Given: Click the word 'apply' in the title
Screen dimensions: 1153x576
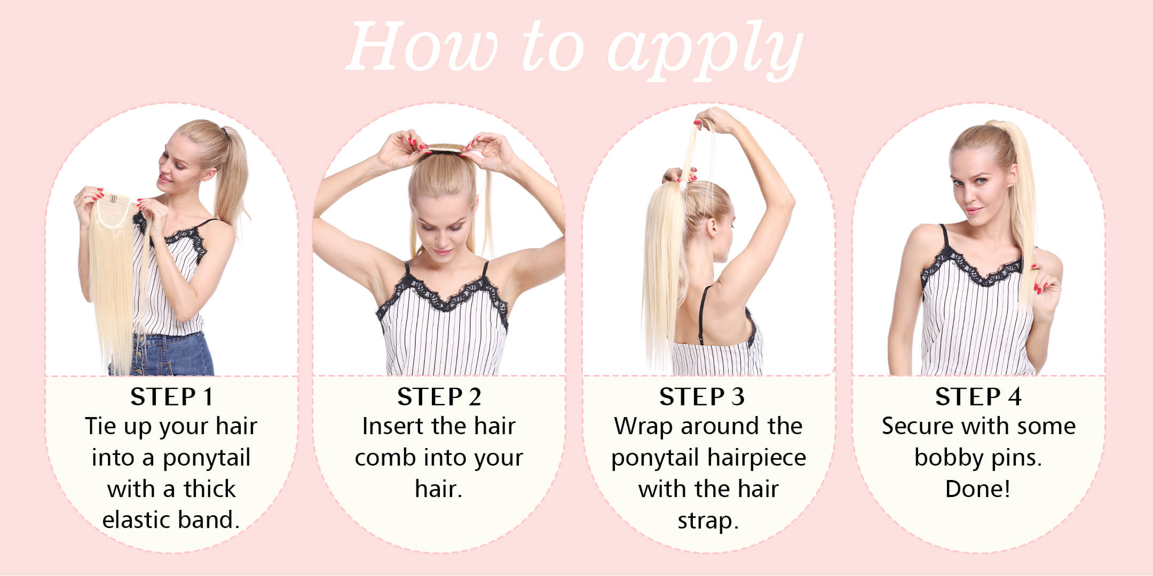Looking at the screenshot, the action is click(x=705, y=50).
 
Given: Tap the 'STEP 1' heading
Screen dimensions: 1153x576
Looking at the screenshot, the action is click(x=172, y=397).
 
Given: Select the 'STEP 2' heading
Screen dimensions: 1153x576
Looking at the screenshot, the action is click(x=439, y=397).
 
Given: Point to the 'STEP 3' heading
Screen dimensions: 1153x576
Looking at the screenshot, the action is click(x=702, y=397).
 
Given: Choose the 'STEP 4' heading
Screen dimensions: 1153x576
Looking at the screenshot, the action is click(x=978, y=397).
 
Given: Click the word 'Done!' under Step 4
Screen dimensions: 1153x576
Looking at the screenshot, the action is click(x=978, y=489).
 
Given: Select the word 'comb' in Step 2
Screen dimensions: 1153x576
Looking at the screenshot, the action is click(x=380, y=458).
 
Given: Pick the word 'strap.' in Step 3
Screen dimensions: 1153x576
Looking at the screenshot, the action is click(x=708, y=521).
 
